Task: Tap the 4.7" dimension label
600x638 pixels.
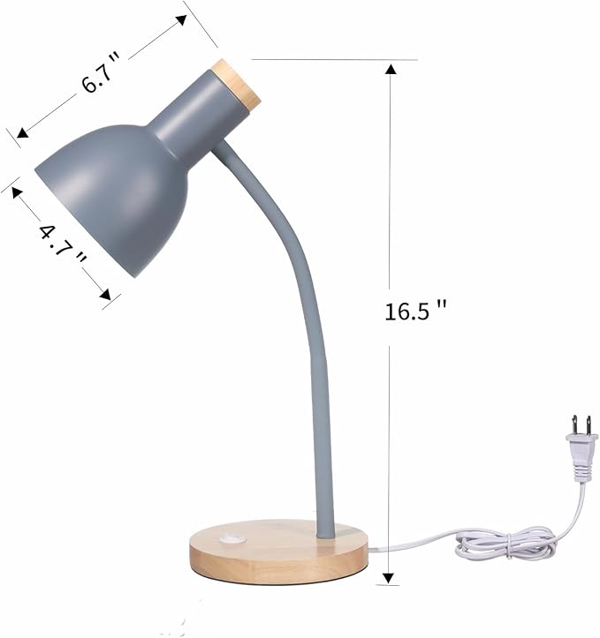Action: point(63,245)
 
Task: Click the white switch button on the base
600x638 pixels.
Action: point(232,539)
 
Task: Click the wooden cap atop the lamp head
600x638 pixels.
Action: point(237,85)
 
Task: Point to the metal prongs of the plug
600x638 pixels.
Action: point(579,424)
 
